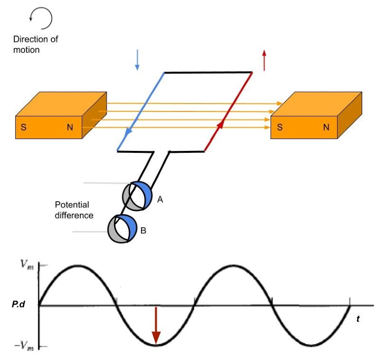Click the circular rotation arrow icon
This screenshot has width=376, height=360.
coord(41,19)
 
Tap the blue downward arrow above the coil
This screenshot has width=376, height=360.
coord(137,60)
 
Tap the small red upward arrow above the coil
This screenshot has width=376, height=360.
coord(264,60)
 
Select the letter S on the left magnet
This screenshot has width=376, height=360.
coord(23,127)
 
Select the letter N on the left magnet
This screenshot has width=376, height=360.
coord(70,127)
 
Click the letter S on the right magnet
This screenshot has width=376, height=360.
coord(280,127)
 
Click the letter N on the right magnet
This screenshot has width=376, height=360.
coord(326,127)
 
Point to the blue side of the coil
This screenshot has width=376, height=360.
coord(141,111)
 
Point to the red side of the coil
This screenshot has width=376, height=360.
coord(228,111)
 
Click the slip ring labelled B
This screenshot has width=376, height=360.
coord(122,228)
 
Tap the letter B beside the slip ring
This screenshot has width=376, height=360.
coord(143,230)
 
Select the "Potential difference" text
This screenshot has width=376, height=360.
coord(74,209)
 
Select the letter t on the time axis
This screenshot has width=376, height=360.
coord(358,319)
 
